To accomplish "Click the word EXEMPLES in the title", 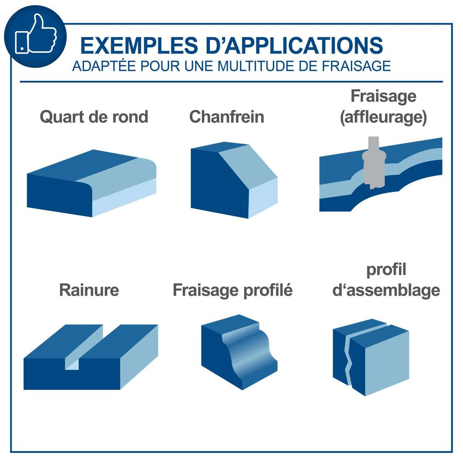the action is pyautogui.click(x=139, y=45).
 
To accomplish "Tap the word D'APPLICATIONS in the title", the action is pyautogui.click(x=294, y=45).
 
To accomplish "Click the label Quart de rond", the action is pyautogui.click(x=94, y=117).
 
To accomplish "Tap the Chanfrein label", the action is pyautogui.click(x=226, y=117).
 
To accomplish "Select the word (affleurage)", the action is pyautogui.click(x=383, y=118).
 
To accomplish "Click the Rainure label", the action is pyautogui.click(x=89, y=290).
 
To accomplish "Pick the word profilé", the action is pyautogui.click(x=268, y=291).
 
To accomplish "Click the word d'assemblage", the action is pyautogui.click(x=386, y=291).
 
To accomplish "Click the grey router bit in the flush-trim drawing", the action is pyautogui.click(x=374, y=163).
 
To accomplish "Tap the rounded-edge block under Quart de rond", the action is pyautogui.click(x=91, y=183).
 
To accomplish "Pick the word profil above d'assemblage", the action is pyautogui.click(x=386, y=270).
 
